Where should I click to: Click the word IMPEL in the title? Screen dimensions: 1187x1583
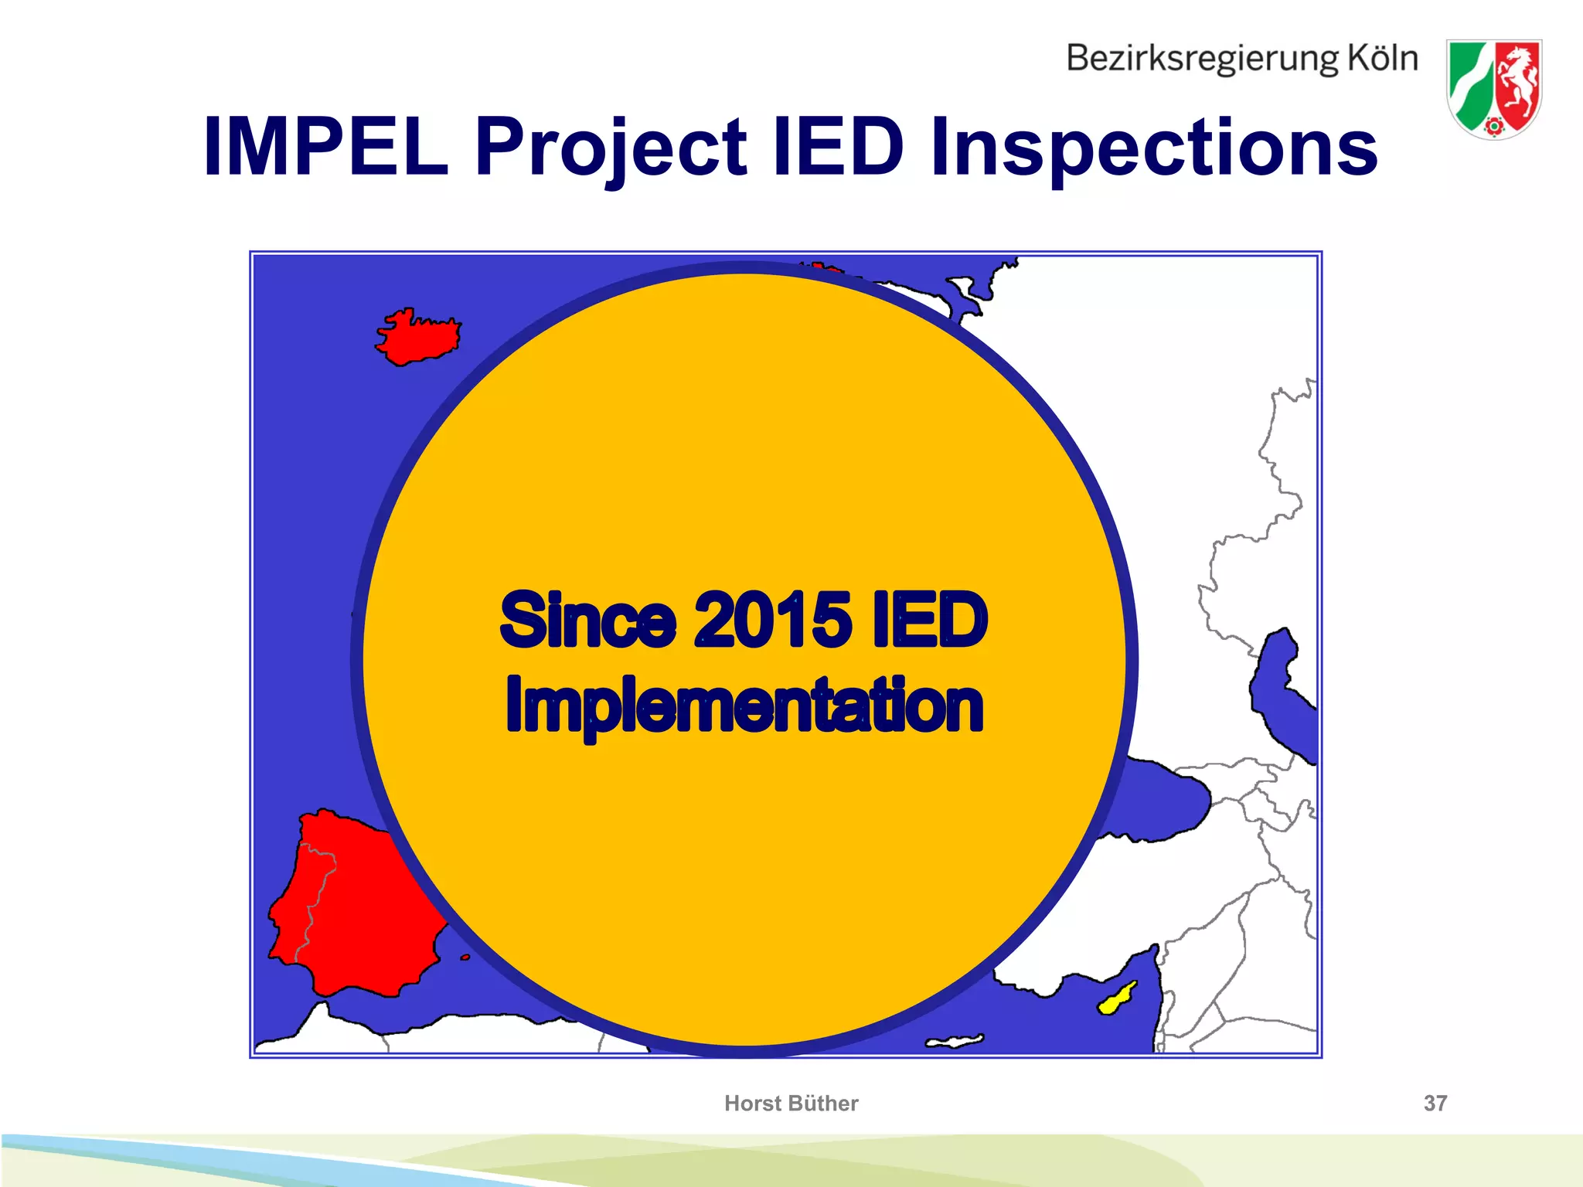(x=325, y=147)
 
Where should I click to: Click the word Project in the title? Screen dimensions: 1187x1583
(x=611, y=147)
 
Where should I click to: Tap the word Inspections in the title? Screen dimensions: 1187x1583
(x=1153, y=147)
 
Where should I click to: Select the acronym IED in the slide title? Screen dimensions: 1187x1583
(x=838, y=147)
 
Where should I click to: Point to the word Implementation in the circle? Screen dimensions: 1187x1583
(x=744, y=705)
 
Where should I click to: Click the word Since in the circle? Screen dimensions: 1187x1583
(x=587, y=620)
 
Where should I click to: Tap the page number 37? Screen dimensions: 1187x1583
(x=1435, y=1103)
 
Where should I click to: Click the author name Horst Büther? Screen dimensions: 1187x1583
(x=791, y=1103)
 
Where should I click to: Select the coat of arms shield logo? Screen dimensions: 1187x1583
(x=1493, y=89)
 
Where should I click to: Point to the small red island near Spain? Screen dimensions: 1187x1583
(x=465, y=957)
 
